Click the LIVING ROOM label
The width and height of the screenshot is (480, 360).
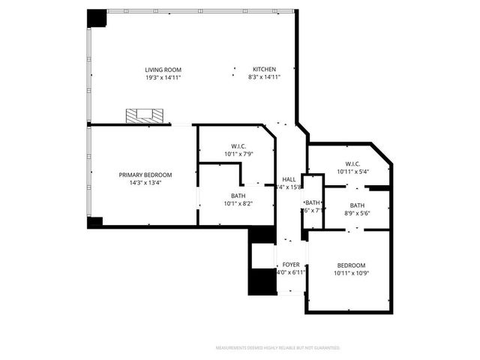[163, 70]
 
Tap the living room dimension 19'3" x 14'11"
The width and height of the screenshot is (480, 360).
[163, 77]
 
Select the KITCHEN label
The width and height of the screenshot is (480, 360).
[263, 70]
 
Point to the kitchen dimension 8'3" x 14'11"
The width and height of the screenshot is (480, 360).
[263, 77]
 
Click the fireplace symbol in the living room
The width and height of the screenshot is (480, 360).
[144, 115]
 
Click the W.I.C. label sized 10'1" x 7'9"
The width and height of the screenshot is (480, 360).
[239, 146]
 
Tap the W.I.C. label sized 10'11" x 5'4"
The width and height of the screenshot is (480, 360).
[353, 164]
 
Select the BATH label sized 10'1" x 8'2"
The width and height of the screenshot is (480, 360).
[238, 196]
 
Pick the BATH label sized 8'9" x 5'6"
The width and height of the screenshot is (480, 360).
[357, 205]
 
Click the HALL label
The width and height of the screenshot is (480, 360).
[288, 179]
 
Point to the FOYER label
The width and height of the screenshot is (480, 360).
[290, 265]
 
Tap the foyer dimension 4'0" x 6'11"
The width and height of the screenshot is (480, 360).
[290, 272]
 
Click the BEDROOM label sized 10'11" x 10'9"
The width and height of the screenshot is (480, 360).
[351, 265]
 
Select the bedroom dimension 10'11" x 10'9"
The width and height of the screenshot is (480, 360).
[351, 273]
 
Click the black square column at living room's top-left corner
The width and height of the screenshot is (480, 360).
[97, 18]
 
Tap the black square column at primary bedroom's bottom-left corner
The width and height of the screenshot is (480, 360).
[94, 222]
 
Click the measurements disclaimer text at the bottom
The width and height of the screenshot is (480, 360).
[277, 348]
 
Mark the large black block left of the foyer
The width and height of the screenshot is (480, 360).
[259, 281]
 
